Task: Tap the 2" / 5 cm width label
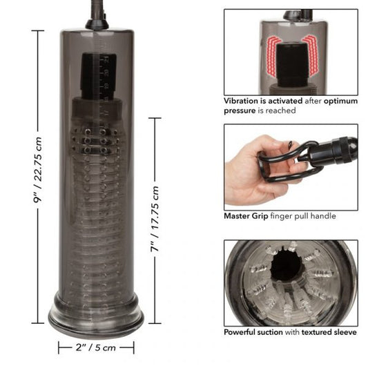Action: [95, 348]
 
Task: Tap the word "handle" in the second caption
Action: [322, 216]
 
